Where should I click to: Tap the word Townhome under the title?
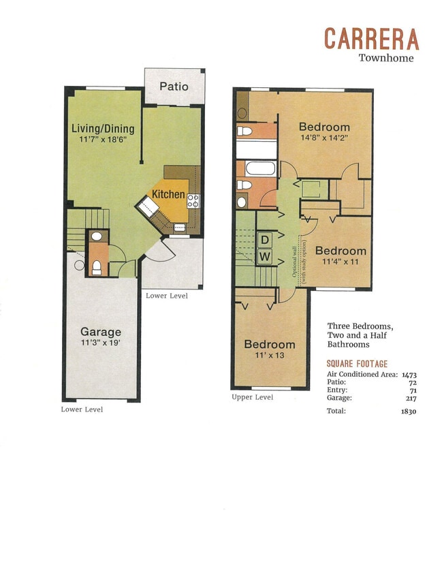click(x=386, y=58)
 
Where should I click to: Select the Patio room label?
click(x=174, y=87)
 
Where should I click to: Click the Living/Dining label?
click(x=103, y=129)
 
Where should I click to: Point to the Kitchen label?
click(x=168, y=195)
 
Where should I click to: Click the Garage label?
click(x=101, y=332)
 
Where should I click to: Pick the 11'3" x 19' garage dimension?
click(x=101, y=344)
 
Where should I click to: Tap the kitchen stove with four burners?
click(x=193, y=200)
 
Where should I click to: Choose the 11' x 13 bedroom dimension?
click(x=270, y=356)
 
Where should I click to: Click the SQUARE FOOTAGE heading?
click(x=357, y=364)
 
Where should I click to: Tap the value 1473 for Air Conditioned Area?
click(x=409, y=375)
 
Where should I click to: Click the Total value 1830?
click(x=409, y=411)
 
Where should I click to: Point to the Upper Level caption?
click(x=252, y=397)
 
